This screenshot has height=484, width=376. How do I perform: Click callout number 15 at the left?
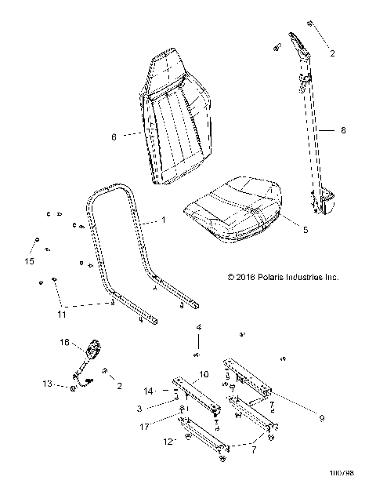point(31,260)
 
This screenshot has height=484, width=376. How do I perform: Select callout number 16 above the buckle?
point(65,343)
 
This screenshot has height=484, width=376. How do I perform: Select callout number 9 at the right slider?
point(320,419)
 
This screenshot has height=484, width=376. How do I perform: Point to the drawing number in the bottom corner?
point(345,473)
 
